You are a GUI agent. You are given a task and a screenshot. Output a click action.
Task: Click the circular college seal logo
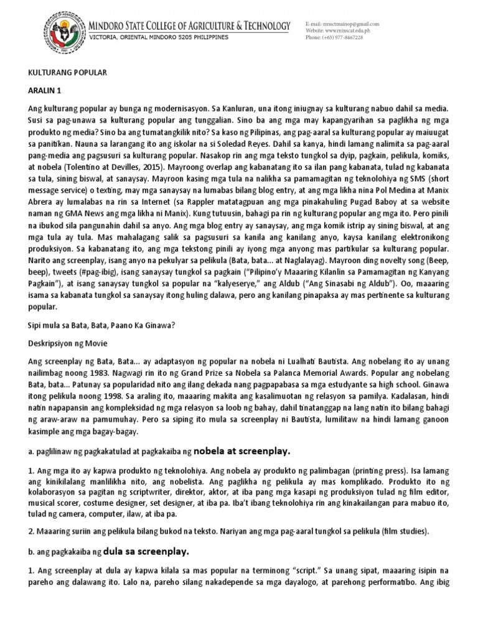62,32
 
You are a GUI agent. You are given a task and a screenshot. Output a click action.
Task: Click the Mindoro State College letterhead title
190,26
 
